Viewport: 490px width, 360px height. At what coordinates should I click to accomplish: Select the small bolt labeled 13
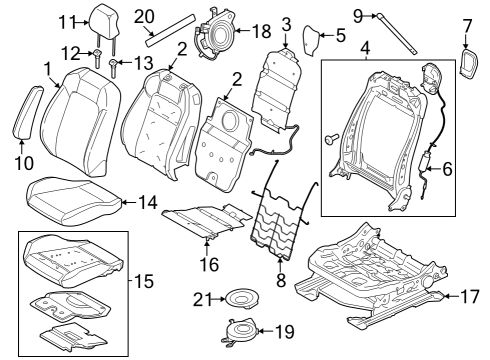click(x=116, y=68)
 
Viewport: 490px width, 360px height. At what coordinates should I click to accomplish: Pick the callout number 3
click(x=286, y=23)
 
